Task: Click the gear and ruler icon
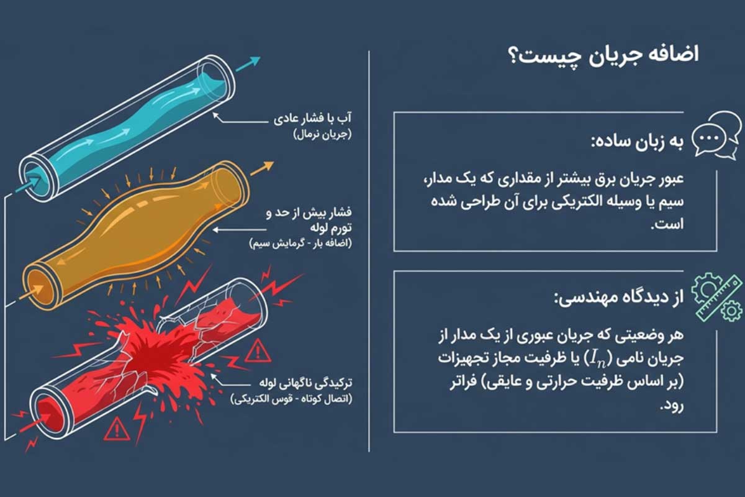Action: pos(718,298)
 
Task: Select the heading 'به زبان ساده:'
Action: pos(637,142)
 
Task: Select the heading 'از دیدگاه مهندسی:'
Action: pos(618,297)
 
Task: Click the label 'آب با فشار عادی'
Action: pos(313,119)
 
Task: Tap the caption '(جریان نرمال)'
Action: pos(323,135)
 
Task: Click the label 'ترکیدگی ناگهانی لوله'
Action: pos(306,383)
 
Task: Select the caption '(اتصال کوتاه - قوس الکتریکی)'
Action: pos(292,399)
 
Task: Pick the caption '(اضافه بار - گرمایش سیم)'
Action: pos(300,244)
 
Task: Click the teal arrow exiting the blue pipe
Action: pos(248,64)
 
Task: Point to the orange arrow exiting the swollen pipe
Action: pos(262,168)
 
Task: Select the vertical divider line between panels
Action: pos(369,252)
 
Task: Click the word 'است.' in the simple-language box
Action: pos(667,225)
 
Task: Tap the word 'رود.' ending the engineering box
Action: pos(672,406)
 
